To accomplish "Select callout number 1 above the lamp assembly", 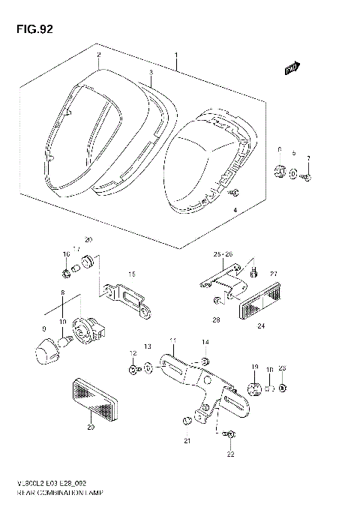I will [x=175, y=56].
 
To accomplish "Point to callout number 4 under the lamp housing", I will [x=234, y=211].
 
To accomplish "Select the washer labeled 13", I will [x=148, y=368].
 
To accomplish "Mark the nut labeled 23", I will [x=281, y=388].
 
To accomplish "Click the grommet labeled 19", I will [x=254, y=387].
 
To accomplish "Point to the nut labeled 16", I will [x=67, y=271].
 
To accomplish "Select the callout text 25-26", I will [x=223, y=254].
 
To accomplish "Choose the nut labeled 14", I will [x=204, y=362].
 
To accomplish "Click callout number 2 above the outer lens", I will [x=97, y=55].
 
